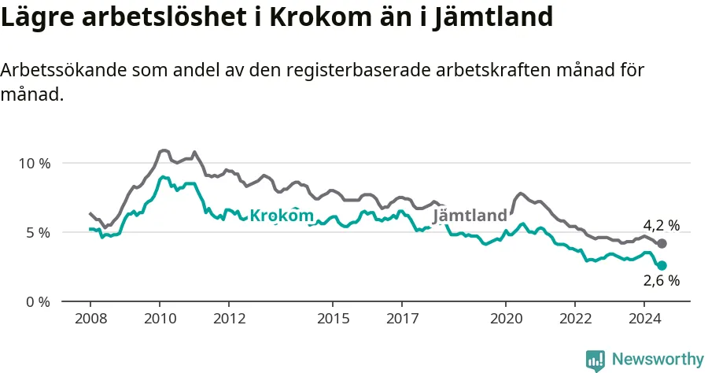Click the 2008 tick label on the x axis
click(x=90, y=319)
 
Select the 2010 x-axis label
click(x=160, y=319)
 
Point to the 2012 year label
click(x=230, y=319)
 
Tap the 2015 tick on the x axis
click(x=334, y=319)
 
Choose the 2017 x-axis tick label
click(x=402, y=319)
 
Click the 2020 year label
click(x=506, y=319)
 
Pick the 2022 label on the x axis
click(x=575, y=319)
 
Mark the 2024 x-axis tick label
click(x=645, y=319)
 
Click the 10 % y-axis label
click(x=35, y=164)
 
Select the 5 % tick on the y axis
click(x=39, y=233)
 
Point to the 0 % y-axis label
click(x=39, y=302)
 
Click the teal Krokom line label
click(x=282, y=216)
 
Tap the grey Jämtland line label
click(x=470, y=216)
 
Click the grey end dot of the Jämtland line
click(x=662, y=244)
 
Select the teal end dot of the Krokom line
click(x=662, y=265)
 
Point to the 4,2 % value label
click(x=661, y=225)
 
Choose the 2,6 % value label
click(x=661, y=280)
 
